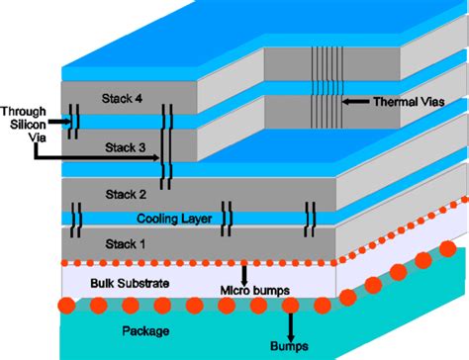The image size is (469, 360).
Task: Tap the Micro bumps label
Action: tap(252, 290)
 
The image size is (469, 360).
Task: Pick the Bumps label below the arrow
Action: tap(291, 347)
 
